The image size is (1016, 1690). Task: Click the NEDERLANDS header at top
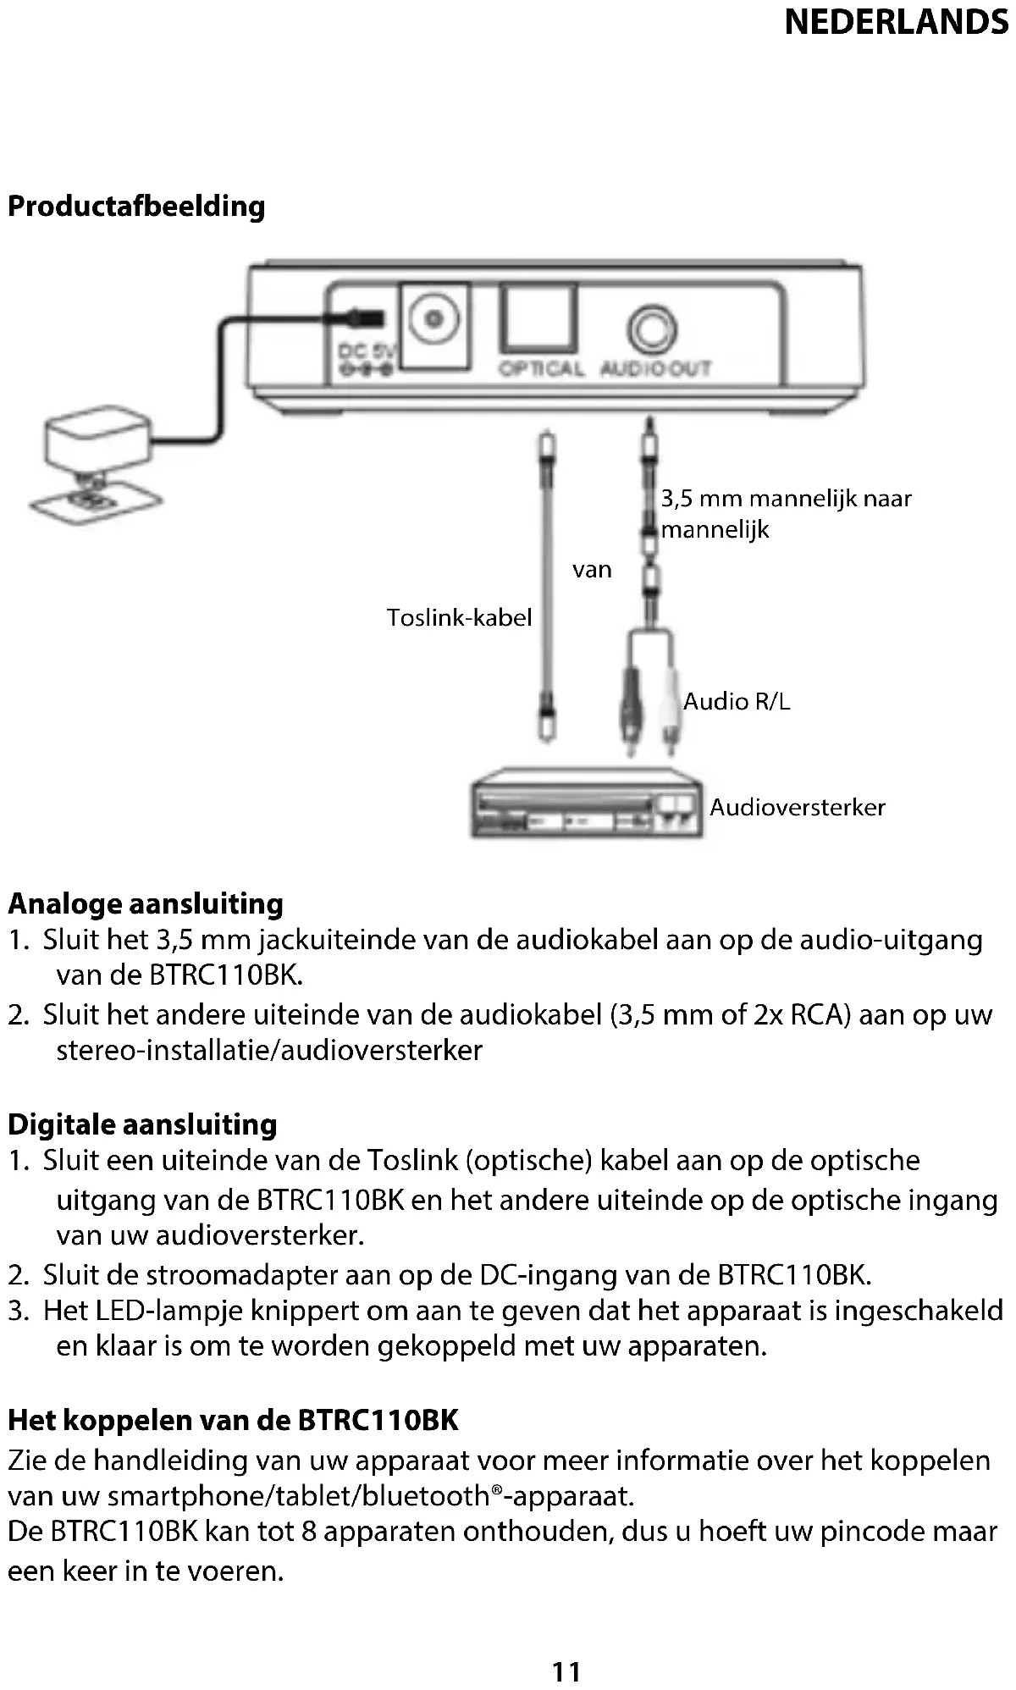(x=896, y=22)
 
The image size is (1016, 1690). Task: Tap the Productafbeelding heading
(x=136, y=207)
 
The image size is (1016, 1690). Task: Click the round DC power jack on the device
(x=434, y=319)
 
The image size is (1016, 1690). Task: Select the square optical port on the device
(x=538, y=318)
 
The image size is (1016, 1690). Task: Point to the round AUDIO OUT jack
(x=652, y=329)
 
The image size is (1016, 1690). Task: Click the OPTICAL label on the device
(x=540, y=369)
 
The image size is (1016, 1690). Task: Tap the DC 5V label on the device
(x=362, y=351)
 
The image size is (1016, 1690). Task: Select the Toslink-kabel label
(x=459, y=617)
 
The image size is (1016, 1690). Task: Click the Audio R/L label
(x=737, y=701)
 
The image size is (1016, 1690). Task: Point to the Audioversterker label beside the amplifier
(x=797, y=807)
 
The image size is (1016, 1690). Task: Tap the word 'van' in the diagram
(x=592, y=570)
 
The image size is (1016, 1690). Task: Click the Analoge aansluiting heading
(x=146, y=904)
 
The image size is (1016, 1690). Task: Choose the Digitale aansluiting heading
(x=142, y=1124)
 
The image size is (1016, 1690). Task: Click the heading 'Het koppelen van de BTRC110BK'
(x=233, y=1420)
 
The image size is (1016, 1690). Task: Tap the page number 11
(x=566, y=1671)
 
